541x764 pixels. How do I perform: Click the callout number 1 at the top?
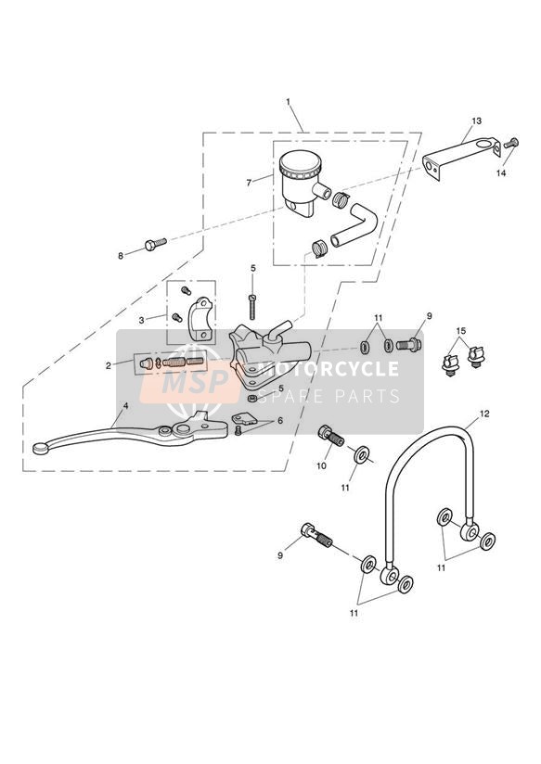click(x=288, y=102)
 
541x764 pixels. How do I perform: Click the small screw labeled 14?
click(x=510, y=144)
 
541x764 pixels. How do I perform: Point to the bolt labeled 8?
click(x=156, y=244)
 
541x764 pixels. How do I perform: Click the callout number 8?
click(x=121, y=256)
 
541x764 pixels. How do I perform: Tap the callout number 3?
click(x=141, y=320)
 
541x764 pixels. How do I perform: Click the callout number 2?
click(x=109, y=365)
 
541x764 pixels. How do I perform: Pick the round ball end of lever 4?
click(x=40, y=448)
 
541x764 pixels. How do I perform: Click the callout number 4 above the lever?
click(x=125, y=405)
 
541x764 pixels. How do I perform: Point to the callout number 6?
click(x=280, y=421)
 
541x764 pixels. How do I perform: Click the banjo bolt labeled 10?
click(x=331, y=435)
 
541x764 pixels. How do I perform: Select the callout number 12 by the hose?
click(x=484, y=414)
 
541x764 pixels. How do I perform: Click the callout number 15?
click(x=461, y=331)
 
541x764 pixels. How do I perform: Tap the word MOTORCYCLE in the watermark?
click(x=328, y=369)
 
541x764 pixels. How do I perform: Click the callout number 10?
click(x=321, y=465)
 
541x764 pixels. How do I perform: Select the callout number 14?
click(x=501, y=173)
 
